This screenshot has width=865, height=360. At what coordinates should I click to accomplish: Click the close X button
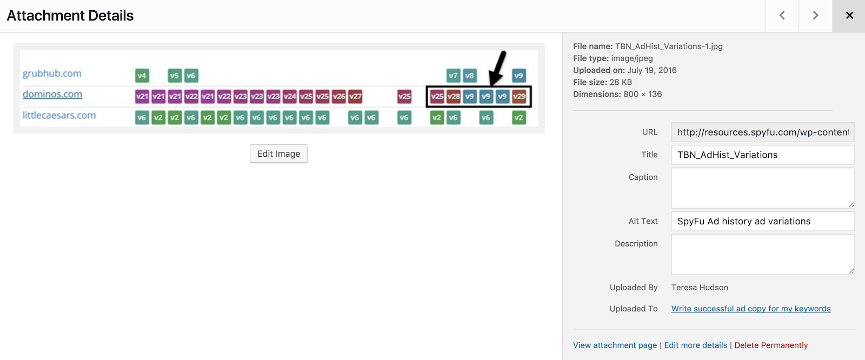849,16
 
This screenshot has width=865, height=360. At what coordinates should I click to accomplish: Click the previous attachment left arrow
782,16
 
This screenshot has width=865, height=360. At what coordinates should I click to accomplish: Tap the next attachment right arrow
816,16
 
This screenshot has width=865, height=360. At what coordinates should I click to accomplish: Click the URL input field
763,132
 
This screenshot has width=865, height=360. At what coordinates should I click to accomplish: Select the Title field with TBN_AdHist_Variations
763,155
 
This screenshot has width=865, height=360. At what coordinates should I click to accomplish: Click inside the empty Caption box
763,188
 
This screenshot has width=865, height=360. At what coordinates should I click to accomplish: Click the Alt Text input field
763,221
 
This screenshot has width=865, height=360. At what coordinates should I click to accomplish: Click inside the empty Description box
763,254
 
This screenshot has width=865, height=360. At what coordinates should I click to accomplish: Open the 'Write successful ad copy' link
751,309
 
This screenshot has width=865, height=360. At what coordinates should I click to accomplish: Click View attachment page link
615,345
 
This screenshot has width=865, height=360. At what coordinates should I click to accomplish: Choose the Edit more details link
695,345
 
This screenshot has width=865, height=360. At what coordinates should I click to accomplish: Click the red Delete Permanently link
771,345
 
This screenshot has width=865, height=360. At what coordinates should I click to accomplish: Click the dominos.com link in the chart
52,94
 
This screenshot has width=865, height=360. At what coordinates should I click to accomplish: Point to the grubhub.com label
52,74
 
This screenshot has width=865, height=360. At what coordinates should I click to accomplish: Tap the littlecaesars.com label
59,115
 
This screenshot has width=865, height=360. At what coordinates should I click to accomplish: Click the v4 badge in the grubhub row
142,75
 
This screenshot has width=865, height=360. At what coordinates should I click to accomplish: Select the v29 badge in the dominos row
519,96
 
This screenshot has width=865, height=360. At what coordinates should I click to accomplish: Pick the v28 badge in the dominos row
454,96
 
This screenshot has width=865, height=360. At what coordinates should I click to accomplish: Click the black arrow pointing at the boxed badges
497,69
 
